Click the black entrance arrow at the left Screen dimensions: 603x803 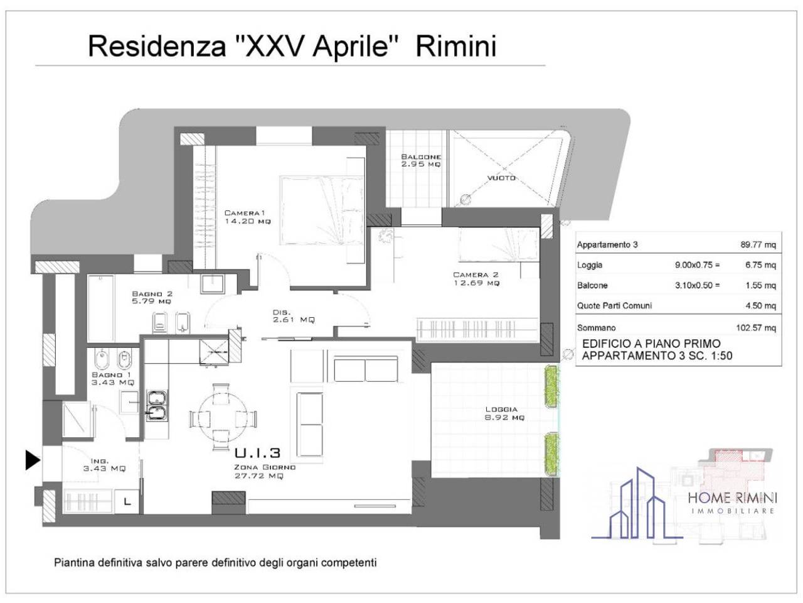[x=32, y=460]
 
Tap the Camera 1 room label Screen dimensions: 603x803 [x=248, y=217]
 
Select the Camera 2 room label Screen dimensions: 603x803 [x=476, y=279]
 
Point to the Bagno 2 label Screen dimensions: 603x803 [x=151, y=297]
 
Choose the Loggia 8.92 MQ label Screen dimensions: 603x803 [x=504, y=413]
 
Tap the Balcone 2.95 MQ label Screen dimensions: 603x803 [x=421, y=160]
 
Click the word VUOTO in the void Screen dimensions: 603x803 [x=501, y=178]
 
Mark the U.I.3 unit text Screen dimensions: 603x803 [x=257, y=453]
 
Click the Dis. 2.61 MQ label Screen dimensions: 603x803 [x=293, y=316]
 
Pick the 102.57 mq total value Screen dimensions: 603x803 [x=755, y=328]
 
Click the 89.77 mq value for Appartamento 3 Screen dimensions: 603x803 [x=758, y=245]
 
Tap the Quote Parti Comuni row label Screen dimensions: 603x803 [x=614, y=306]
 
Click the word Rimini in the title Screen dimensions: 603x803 [x=456, y=47]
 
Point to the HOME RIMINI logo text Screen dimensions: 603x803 [x=732, y=498]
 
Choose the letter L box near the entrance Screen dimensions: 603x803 [x=127, y=502]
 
